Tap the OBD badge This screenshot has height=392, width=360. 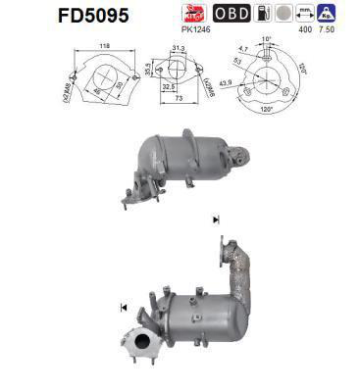click(231, 14)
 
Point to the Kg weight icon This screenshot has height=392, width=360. click(325, 14)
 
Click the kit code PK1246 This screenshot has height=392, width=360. click(196, 29)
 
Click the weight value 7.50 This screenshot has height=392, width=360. click(324, 29)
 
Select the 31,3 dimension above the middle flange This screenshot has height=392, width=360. click(178, 49)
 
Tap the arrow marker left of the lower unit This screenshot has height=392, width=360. click(124, 308)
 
